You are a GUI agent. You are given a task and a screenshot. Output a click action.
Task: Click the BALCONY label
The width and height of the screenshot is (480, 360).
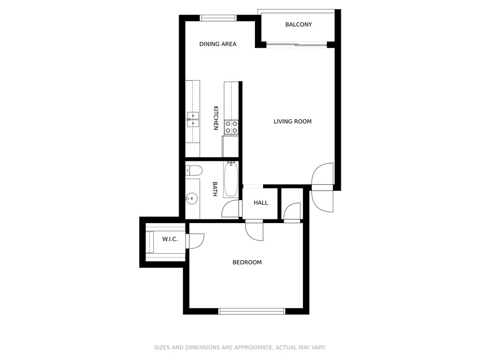point(299,24)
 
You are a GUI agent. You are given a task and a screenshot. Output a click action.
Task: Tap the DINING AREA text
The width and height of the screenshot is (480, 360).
point(217,44)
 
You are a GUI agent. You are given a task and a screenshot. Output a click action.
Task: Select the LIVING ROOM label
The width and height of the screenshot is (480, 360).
point(292,121)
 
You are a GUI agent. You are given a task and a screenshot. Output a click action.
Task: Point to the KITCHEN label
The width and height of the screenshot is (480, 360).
point(216,118)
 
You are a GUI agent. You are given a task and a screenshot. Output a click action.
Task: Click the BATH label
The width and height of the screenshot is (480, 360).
point(215,189)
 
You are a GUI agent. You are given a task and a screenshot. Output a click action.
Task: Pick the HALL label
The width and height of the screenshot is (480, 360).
point(261,202)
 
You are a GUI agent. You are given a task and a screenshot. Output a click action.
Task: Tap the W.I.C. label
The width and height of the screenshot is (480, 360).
point(170,239)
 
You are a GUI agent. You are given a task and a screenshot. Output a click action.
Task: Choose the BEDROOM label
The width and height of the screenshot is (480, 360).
point(247,262)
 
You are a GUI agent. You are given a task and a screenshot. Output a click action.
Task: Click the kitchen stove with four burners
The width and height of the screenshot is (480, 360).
point(231,127)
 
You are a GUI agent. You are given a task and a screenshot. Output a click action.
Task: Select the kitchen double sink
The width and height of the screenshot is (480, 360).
point(193,120)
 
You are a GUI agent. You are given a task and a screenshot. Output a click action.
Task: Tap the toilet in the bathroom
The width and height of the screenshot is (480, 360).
point(194,171)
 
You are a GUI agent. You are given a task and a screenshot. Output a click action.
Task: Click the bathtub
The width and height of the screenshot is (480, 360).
point(231,180)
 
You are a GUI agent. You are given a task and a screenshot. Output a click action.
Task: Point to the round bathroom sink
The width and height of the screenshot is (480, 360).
point(192,198)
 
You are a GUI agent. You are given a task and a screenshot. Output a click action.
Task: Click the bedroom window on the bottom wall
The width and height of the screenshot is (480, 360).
point(252,311)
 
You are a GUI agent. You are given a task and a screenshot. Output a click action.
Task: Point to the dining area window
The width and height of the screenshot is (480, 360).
point(218,18)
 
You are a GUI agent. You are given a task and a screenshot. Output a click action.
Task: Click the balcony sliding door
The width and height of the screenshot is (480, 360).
point(297,45)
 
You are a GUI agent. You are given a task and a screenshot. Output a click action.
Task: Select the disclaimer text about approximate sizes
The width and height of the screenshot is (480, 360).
point(240,347)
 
